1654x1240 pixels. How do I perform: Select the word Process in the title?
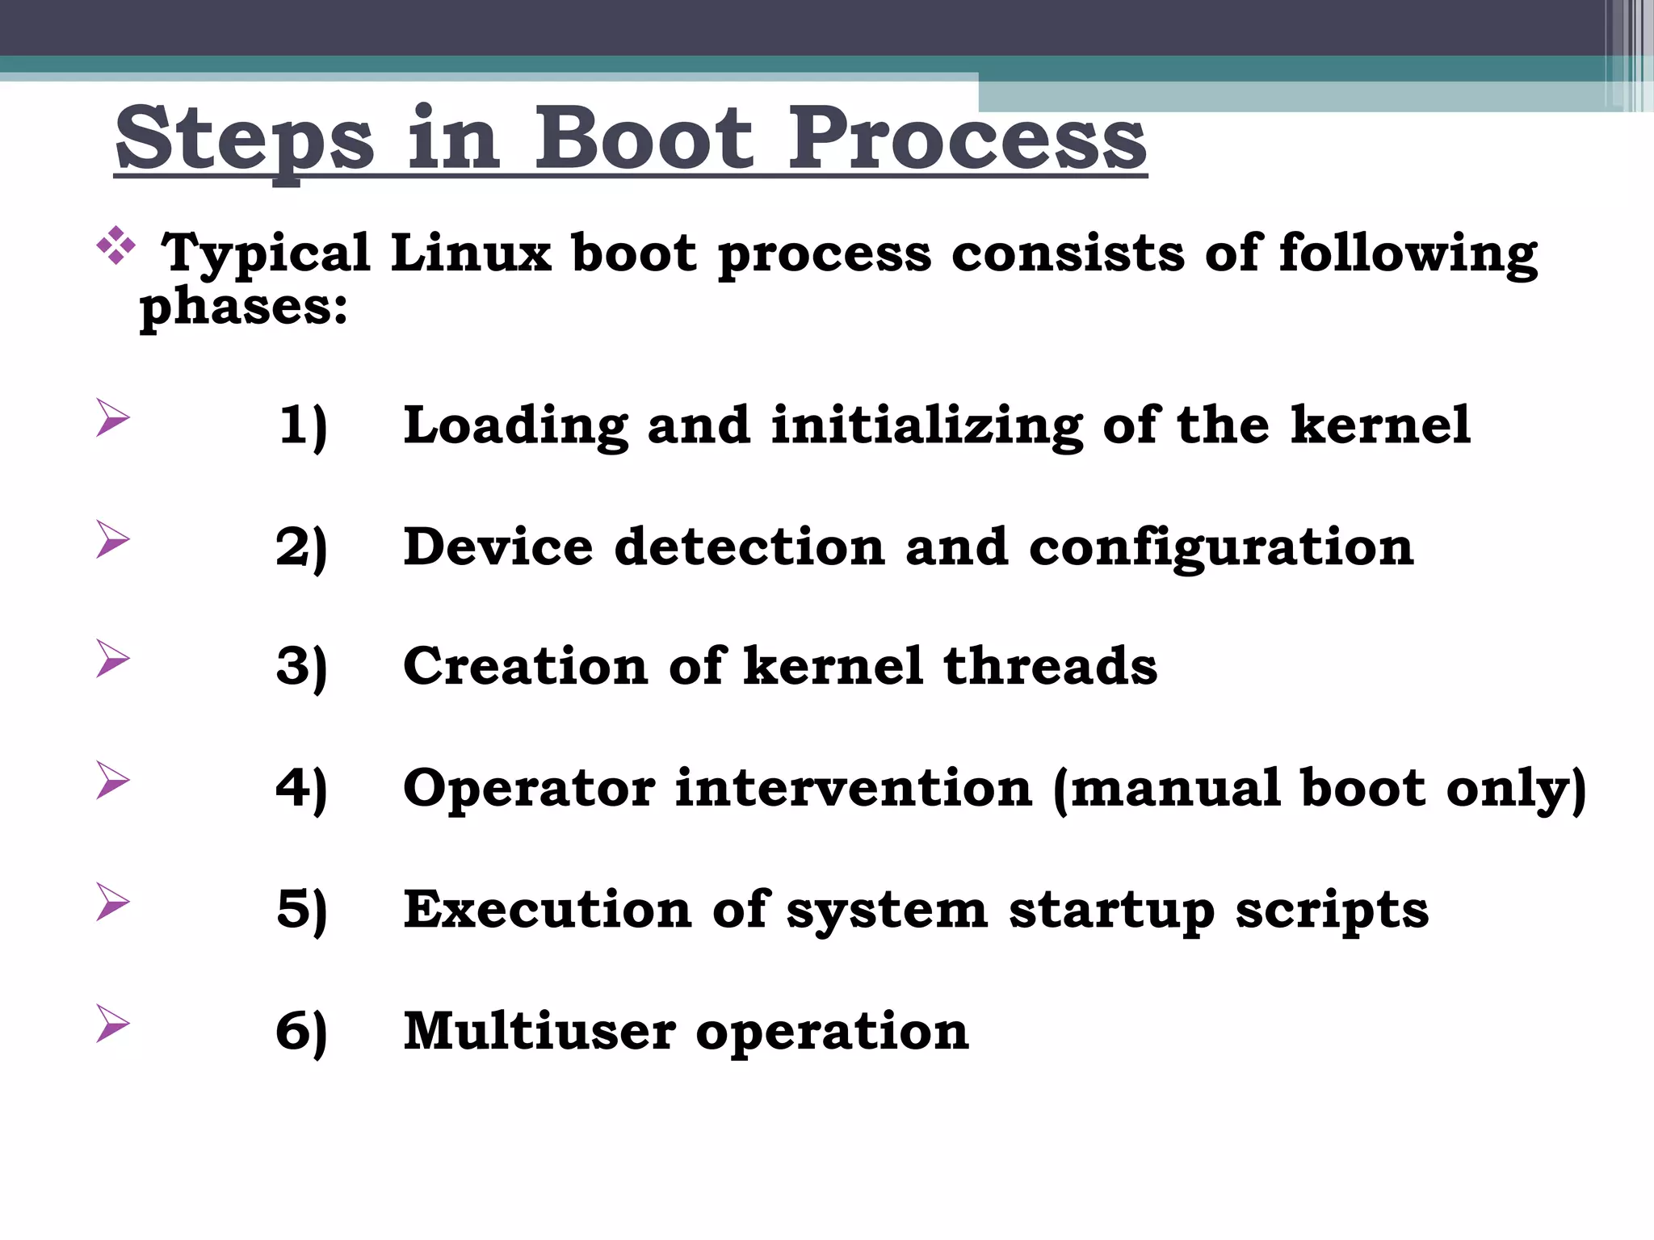[967, 139]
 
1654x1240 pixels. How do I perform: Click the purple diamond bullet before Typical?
[116, 245]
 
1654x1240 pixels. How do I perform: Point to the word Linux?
[471, 253]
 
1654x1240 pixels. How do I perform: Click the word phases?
[243, 307]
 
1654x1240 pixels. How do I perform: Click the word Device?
[498, 547]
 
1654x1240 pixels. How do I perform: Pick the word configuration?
[1221, 548]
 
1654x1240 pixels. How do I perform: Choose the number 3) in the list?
[302, 667]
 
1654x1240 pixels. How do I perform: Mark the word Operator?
[529, 789]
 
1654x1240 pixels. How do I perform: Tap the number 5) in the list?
[302, 910]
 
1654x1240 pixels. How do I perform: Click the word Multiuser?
[539, 1031]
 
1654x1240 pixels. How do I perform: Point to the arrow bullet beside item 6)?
[112, 1023]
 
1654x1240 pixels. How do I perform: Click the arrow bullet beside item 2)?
[112, 538]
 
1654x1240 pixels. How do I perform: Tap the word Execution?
[548, 910]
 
